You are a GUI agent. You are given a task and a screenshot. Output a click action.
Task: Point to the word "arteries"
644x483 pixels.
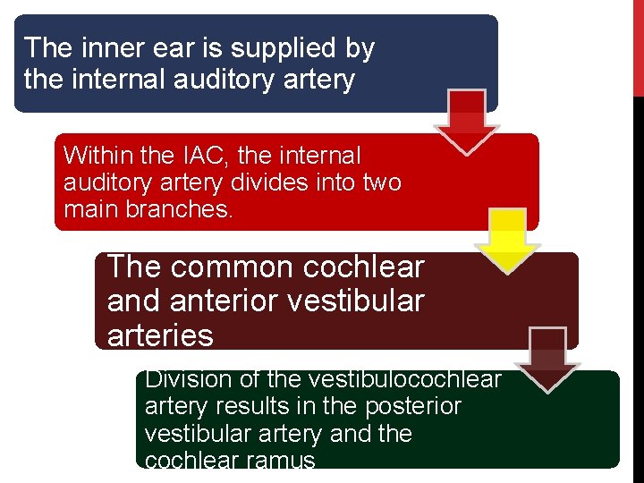pyautogui.click(x=160, y=335)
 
